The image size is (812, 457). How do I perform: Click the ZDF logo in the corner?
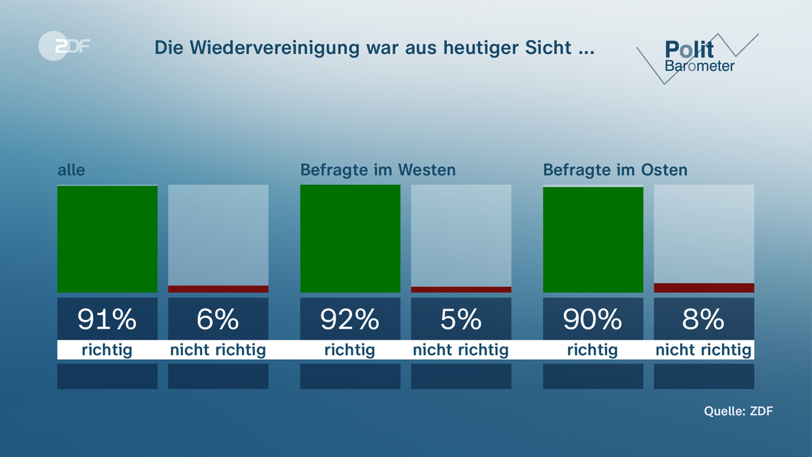[63, 46]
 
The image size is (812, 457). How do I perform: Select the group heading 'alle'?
[71, 170]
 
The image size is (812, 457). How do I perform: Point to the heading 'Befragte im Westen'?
[377, 170]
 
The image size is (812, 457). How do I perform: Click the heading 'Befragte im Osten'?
[615, 170]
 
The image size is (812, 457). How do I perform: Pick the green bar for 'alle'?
[107, 239]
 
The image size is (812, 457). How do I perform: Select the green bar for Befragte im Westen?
[350, 239]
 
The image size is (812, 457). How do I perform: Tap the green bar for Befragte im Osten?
[593, 239]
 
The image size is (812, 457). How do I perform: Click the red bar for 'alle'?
[218, 289]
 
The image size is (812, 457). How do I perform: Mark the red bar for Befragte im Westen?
[461, 289]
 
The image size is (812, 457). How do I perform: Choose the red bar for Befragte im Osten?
[704, 288]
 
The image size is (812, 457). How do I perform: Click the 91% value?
[107, 319]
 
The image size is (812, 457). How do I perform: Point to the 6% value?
[218, 319]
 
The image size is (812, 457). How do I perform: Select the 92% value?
[350, 319]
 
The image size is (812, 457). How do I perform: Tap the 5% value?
[461, 319]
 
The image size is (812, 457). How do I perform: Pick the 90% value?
[593, 319]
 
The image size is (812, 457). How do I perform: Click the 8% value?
[704, 319]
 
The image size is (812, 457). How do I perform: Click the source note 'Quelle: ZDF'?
[738, 411]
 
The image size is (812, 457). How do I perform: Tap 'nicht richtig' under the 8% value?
[704, 350]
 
